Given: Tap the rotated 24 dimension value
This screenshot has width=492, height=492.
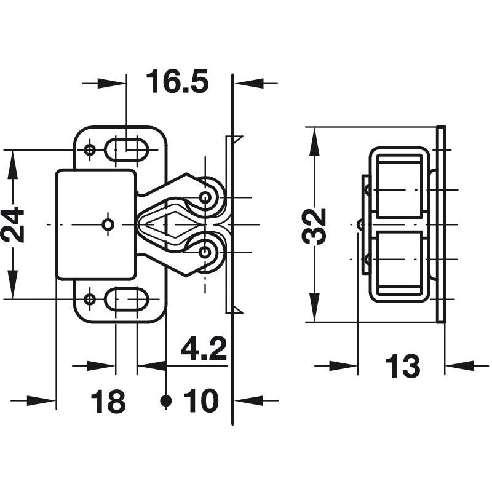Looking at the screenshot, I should (x=14, y=224).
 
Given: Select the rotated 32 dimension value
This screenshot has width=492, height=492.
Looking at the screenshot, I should (x=316, y=226).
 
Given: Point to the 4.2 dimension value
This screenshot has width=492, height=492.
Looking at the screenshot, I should (x=204, y=350).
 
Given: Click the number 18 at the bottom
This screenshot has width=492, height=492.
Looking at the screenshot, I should (x=108, y=402).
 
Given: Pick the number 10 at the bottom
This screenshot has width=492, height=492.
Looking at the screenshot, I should (x=200, y=402).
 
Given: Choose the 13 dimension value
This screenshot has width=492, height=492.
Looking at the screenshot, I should (x=402, y=367).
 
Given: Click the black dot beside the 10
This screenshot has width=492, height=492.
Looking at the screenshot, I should (x=165, y=401).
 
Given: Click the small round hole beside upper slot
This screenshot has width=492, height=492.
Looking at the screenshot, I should (x=90, y=149).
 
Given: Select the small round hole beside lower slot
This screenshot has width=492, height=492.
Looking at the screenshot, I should (x=90, y=300).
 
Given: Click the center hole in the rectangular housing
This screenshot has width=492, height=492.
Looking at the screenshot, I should (x=108, y=225).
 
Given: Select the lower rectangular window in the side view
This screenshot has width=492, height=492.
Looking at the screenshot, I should (x=400, y=262).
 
